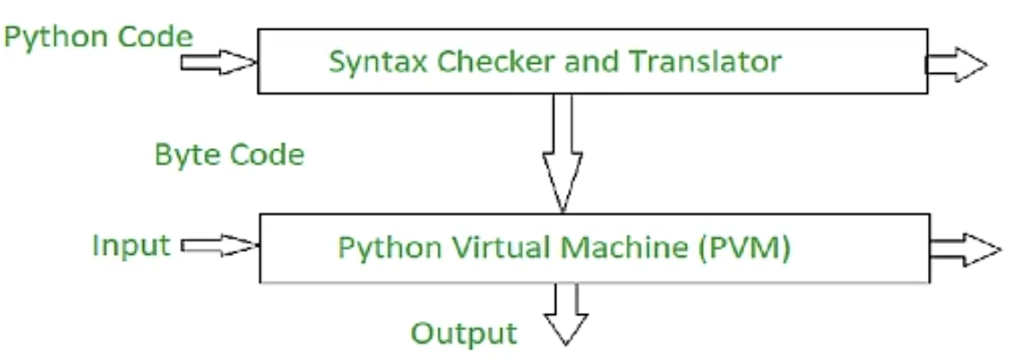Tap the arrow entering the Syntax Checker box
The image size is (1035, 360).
point(219,63)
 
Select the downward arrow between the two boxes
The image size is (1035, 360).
point(562,153)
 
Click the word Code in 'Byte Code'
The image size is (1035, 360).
point(264,155)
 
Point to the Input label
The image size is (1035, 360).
point(130,245)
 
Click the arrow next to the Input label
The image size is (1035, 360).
point(220,245)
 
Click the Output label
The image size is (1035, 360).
point(463,334)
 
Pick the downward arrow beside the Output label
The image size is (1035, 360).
point(566,314)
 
